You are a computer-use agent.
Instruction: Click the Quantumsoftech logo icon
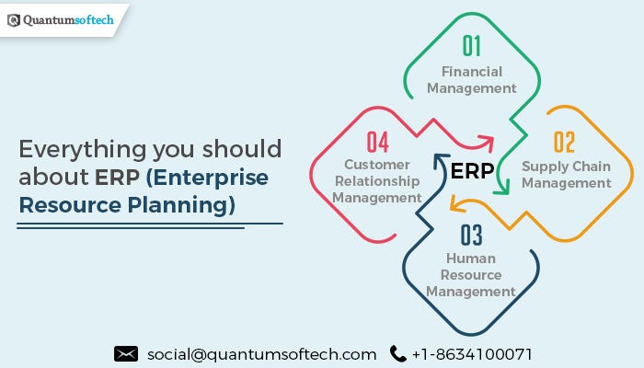13,18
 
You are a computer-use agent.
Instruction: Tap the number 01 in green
471,45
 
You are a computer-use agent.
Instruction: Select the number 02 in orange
564,142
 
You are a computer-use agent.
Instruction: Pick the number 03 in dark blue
471,235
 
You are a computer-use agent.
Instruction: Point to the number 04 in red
377,142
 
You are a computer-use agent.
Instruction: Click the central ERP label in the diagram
472,170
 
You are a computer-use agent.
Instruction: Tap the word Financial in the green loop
471,72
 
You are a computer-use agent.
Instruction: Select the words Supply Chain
566,167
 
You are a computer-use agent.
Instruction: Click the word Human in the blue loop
471,259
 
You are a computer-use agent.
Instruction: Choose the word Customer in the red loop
377,165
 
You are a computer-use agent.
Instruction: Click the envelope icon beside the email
126,353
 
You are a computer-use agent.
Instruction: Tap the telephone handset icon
397,353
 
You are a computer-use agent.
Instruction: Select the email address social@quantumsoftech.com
261,354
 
